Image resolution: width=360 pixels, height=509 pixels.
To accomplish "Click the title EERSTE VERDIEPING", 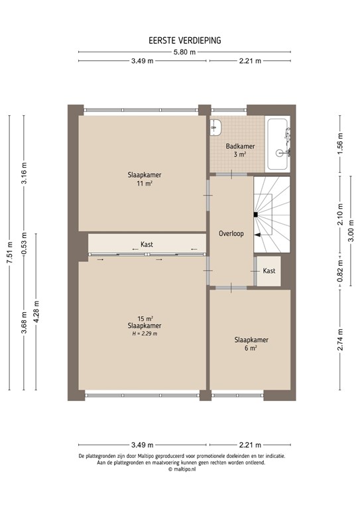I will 185,40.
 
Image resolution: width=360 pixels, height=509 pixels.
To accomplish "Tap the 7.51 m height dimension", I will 9,253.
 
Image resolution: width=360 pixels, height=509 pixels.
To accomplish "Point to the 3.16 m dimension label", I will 24,174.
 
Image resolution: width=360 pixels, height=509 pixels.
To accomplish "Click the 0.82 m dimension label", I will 339,274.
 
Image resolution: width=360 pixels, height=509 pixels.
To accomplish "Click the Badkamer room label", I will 239,146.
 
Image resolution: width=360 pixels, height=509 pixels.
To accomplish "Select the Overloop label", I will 231,234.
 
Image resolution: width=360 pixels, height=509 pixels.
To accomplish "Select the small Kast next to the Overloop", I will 269,271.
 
